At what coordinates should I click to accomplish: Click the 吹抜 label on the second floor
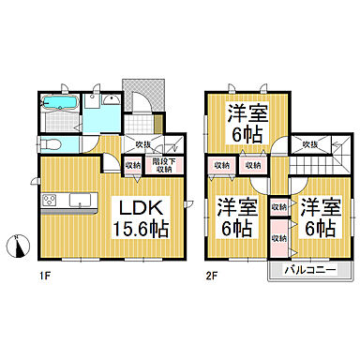click(308, 143)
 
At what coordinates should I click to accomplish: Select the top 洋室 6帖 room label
click(245, 124)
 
